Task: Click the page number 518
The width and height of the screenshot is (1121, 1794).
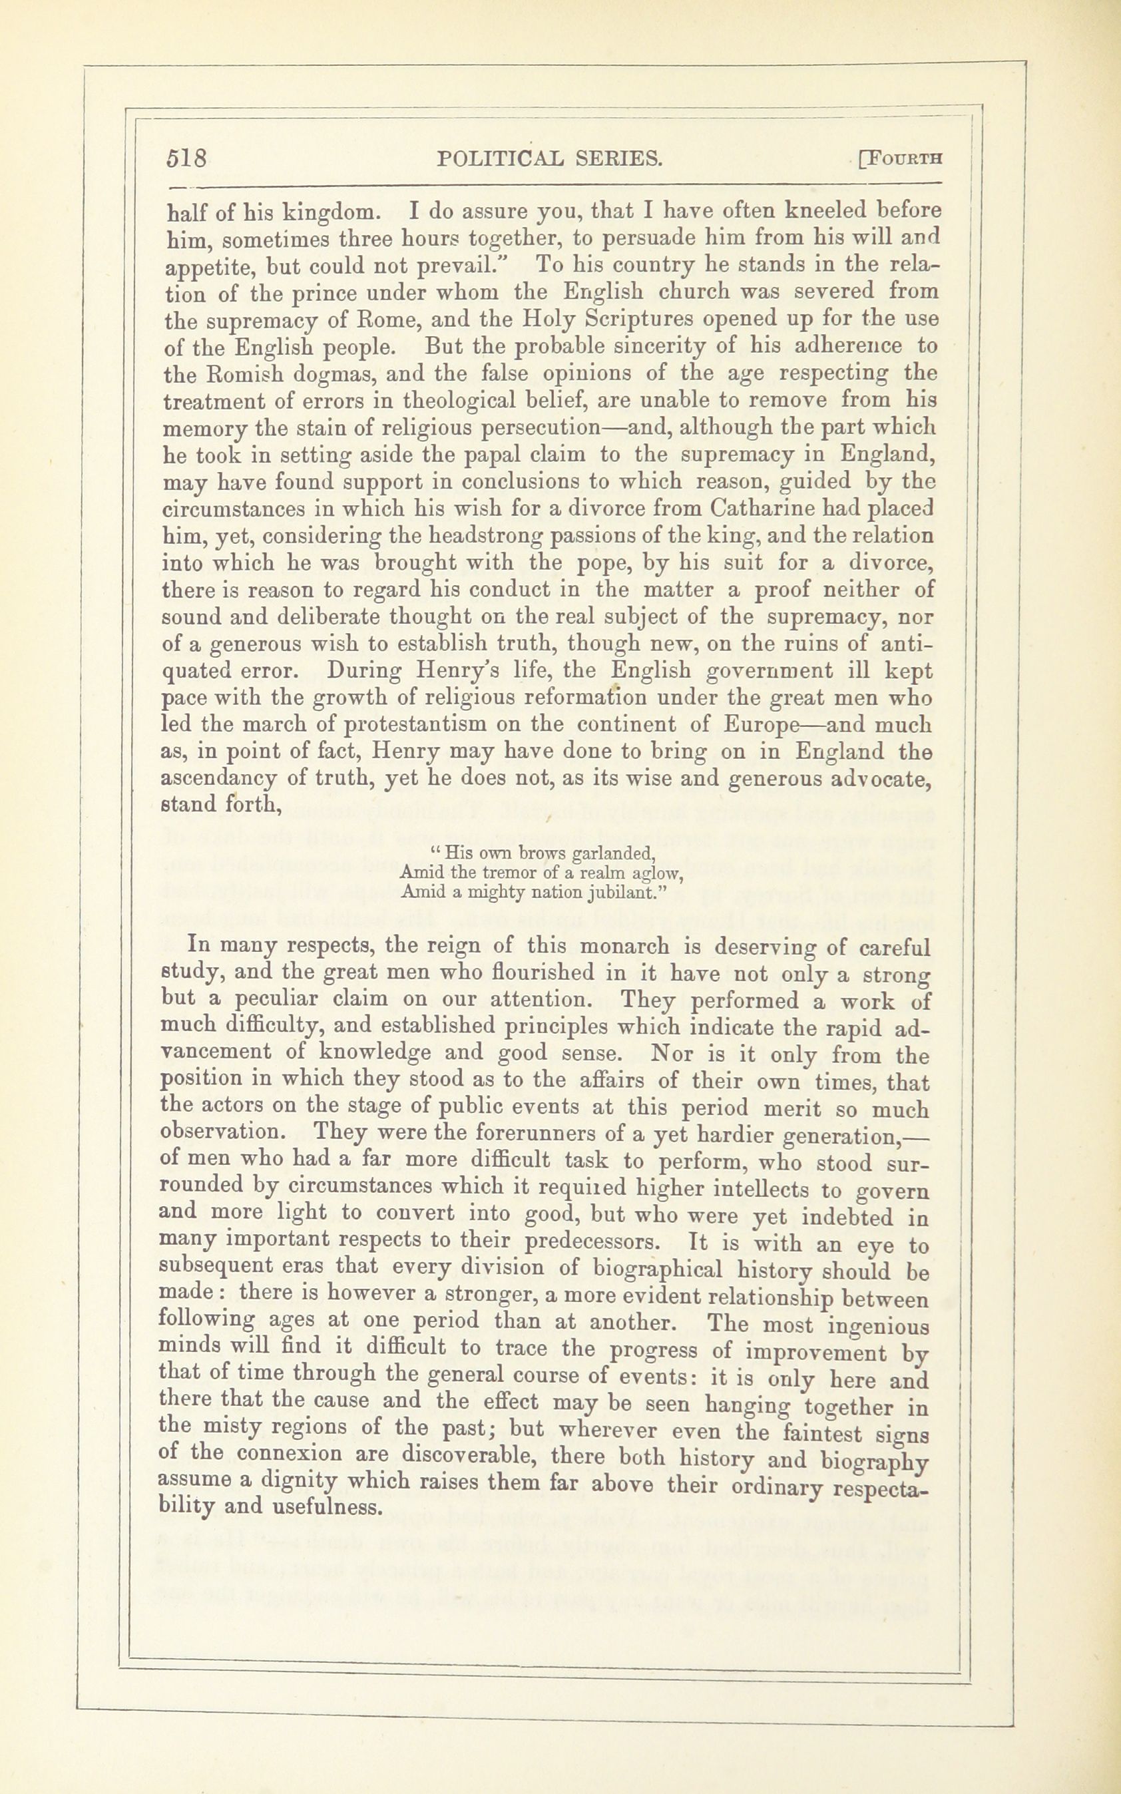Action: (187, 158)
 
